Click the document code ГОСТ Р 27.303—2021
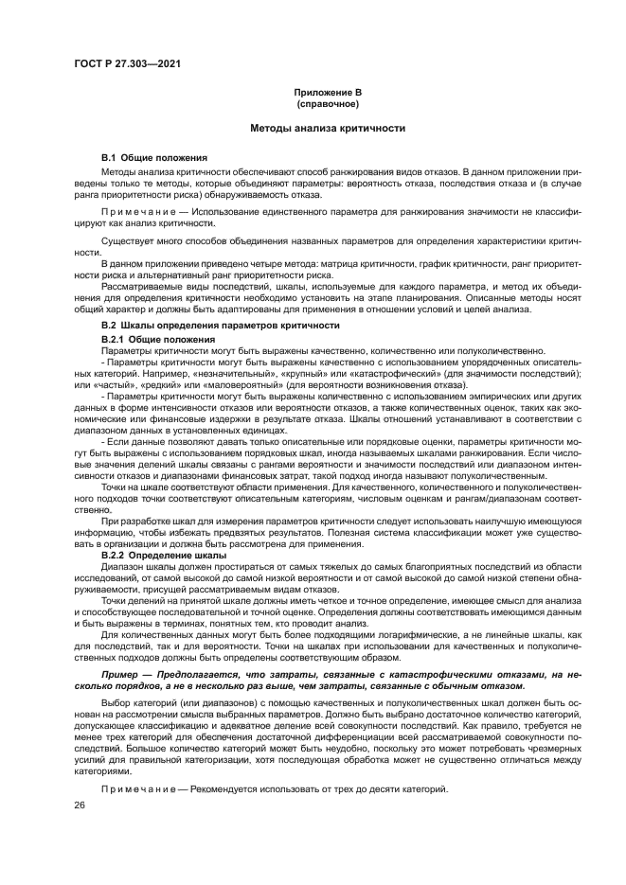pos(127,62)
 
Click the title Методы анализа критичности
pos(328,127)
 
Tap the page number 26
pos(80,805)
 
